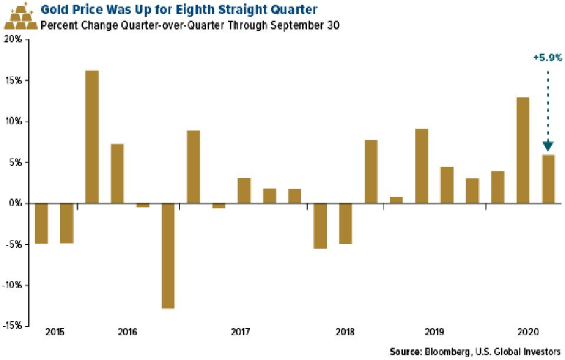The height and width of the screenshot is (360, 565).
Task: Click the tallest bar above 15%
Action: tap(92, 137)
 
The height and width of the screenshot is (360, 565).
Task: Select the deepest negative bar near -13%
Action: tap(168, 256)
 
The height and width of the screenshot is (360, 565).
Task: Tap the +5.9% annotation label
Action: tap(548, 58)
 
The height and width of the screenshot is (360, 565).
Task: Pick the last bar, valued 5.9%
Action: tap(548, 179)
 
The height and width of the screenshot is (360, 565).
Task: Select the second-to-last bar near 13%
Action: tap(523, 150)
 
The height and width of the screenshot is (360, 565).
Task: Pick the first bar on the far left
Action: tap(41, 223)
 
